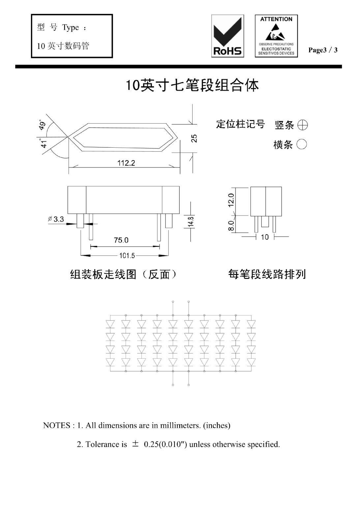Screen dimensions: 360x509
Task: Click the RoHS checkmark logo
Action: click(x=227, y=36)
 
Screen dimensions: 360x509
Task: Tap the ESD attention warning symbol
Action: click(x=276, y=36)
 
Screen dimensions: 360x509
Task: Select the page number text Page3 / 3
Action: click(x=323, y=50)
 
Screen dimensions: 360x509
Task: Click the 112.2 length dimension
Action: click(x=126, y=163)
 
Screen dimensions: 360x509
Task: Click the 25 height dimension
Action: click(x=195, y=138)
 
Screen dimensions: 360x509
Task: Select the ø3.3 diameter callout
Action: click(x=56, y=219)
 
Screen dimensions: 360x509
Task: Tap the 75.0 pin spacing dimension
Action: click(x=121, y=240)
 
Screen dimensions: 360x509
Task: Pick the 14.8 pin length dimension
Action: click(x=191, y=221)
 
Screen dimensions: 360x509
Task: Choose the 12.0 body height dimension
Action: click(x=231, y=200)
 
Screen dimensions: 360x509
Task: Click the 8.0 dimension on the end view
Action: click(x=231, y=225)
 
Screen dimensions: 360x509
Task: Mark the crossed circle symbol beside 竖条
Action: click(x=302, y=125)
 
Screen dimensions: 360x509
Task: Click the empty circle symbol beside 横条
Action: click(x=302, y=144)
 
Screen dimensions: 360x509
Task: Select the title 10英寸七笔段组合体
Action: click(x=192, y=85)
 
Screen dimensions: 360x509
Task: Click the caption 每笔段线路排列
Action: click(x=267, y=274)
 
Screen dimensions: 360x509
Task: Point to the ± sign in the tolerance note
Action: click(x=135, y=444)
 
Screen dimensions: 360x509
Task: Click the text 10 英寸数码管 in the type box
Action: click(x=63, y=46)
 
